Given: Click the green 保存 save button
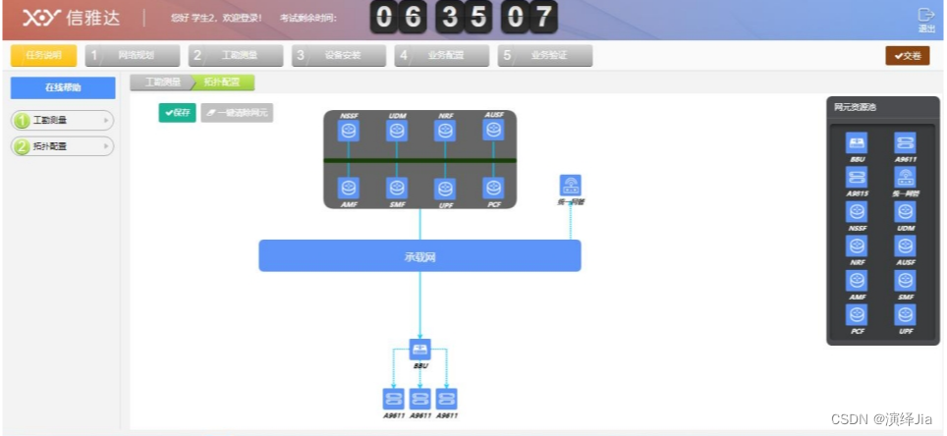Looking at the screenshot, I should coord(177,113).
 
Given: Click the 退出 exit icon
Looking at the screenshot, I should coord(925,16).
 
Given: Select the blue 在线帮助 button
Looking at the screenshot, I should coord(63,87).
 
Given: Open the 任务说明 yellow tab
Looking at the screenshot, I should coord(43,56).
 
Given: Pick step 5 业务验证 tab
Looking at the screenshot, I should coord(544,56).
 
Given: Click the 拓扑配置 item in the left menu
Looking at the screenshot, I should coord(62,146).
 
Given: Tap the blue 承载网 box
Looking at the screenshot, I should coord(419,255).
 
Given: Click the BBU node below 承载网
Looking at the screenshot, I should coord(419,350).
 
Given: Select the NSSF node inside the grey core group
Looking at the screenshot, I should coord(349,130).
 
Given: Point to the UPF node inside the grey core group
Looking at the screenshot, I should coord(445,187).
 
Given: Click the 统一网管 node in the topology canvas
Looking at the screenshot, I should coord(571,185).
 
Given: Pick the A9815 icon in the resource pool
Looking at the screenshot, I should coord(857,177).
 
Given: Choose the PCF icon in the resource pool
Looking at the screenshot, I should coord(857,315).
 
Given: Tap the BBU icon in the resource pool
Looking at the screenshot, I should coord(857,142).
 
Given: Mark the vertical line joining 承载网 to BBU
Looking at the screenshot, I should coord(419,304).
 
